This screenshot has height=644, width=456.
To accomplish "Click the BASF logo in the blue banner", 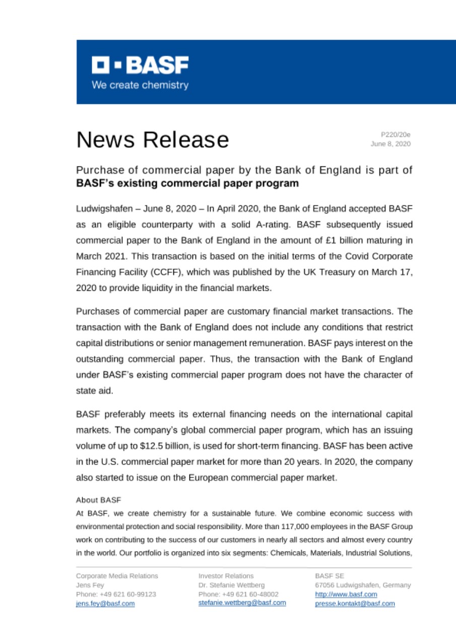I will coord(140,65).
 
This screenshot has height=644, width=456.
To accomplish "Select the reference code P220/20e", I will coord(396,134).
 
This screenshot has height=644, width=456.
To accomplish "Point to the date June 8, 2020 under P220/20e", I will coord(390,144).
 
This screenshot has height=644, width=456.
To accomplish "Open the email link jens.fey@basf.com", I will coord(105,604).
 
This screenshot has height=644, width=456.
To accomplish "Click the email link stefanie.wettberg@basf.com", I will coord(242,603).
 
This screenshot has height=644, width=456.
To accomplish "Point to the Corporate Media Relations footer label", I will coord(117,575).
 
